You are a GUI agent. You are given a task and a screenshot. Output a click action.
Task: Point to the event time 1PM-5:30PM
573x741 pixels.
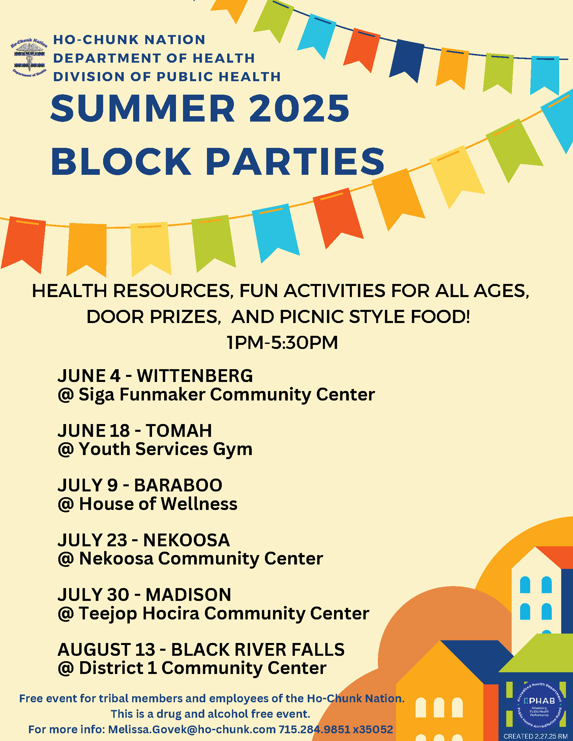282,342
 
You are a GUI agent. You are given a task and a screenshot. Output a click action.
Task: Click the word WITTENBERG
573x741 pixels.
195,376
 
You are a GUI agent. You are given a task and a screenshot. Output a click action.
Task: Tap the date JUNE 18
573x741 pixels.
94,430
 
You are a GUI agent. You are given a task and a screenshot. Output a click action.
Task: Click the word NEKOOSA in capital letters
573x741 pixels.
186,540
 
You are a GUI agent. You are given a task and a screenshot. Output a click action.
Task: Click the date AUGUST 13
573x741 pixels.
106,649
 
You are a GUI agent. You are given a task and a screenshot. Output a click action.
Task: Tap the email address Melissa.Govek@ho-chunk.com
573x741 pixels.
192,729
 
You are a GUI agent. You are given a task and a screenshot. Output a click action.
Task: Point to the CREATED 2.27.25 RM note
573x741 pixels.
535,736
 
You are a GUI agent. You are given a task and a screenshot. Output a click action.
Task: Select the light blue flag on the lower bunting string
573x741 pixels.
276,232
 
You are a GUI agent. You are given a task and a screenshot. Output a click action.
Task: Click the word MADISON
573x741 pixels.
188,595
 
